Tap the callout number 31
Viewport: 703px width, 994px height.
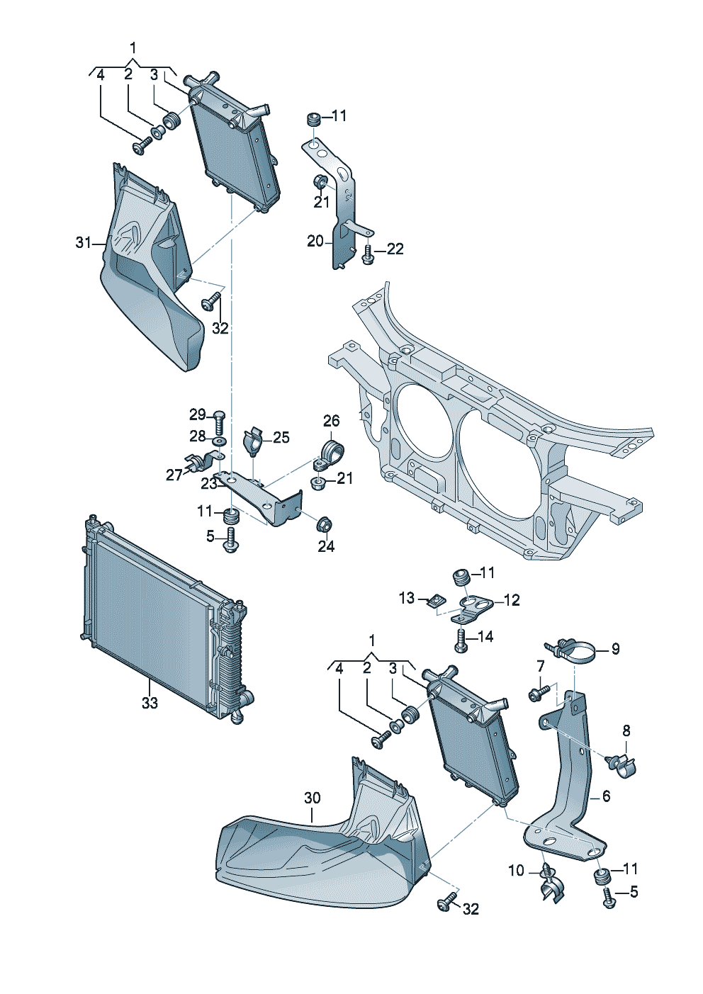pos(83,243)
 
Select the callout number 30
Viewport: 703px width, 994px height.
pos(313,798)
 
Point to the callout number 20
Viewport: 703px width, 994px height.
pos(315,242)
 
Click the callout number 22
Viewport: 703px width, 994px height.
pos(395,249)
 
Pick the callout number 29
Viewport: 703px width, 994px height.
pos(198,415)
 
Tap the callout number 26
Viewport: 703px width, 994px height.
pos(332,421)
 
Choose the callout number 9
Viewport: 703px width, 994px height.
pos(615,649)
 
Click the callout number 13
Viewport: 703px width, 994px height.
pos(407,598)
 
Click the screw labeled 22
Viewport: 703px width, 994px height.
pos(366,255)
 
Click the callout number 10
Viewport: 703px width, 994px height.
pos(516,871)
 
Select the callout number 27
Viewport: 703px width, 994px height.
pos(174,475)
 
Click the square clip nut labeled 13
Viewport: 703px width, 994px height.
pos(429,603)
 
